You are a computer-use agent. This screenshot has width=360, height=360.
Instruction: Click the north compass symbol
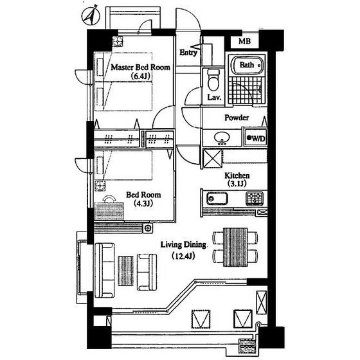click(91, 15)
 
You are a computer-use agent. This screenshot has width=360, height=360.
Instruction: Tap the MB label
click(244, 41)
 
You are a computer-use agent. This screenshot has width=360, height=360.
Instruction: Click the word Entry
click(188, 53)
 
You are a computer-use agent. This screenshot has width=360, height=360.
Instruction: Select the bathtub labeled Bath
click(247, 65)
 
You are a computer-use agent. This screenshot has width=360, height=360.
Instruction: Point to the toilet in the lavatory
click(213, 80)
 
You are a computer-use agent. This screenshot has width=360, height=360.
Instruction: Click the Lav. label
click(214, 97)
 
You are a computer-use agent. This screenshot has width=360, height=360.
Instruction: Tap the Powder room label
click(237, 118)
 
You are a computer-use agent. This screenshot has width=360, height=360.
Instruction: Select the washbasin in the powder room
click(222, 138)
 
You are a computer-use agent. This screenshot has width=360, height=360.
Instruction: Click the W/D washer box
click(256, 138)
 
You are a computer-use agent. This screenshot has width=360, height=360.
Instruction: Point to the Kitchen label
click(237, 175)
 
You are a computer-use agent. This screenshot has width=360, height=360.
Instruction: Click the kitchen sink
click(217, 199)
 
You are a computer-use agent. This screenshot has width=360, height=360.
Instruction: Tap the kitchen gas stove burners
click(255, 199)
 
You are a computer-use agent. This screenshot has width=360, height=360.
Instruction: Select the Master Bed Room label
click(141, 67)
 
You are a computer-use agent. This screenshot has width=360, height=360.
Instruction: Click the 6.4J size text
click(141, 76)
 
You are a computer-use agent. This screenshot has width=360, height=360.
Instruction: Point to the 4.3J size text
click(143, 203)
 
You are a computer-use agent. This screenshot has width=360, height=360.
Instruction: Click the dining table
click(235, 247)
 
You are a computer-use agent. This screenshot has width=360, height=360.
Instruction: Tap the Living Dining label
click(183, 245)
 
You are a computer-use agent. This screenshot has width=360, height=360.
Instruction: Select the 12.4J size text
click(183, 256)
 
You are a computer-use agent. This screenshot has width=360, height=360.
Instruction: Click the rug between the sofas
click(126, 271)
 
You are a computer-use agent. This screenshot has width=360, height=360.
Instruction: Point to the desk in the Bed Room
click(109, 212)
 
